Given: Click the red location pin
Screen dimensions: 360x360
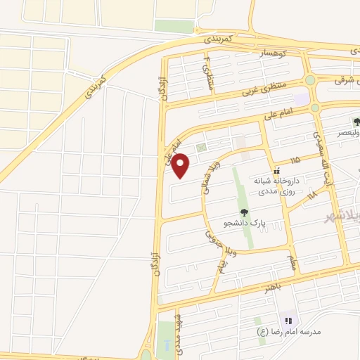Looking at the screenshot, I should click(x=181, y=165).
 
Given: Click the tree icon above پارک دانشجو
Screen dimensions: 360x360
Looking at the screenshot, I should click(x=243, y=211).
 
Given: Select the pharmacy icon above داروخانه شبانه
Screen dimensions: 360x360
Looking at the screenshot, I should click(x=278, y=170).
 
